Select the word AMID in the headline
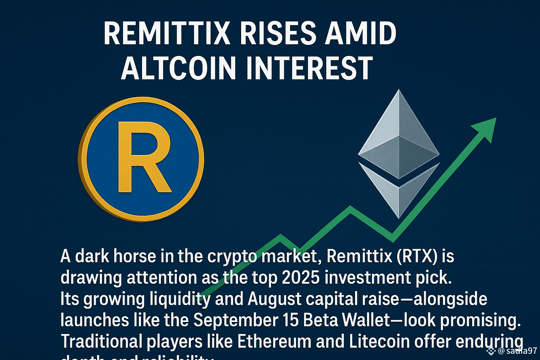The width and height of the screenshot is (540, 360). (x=360, y=33)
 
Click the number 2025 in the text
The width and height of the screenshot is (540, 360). (x=301, y=278)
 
